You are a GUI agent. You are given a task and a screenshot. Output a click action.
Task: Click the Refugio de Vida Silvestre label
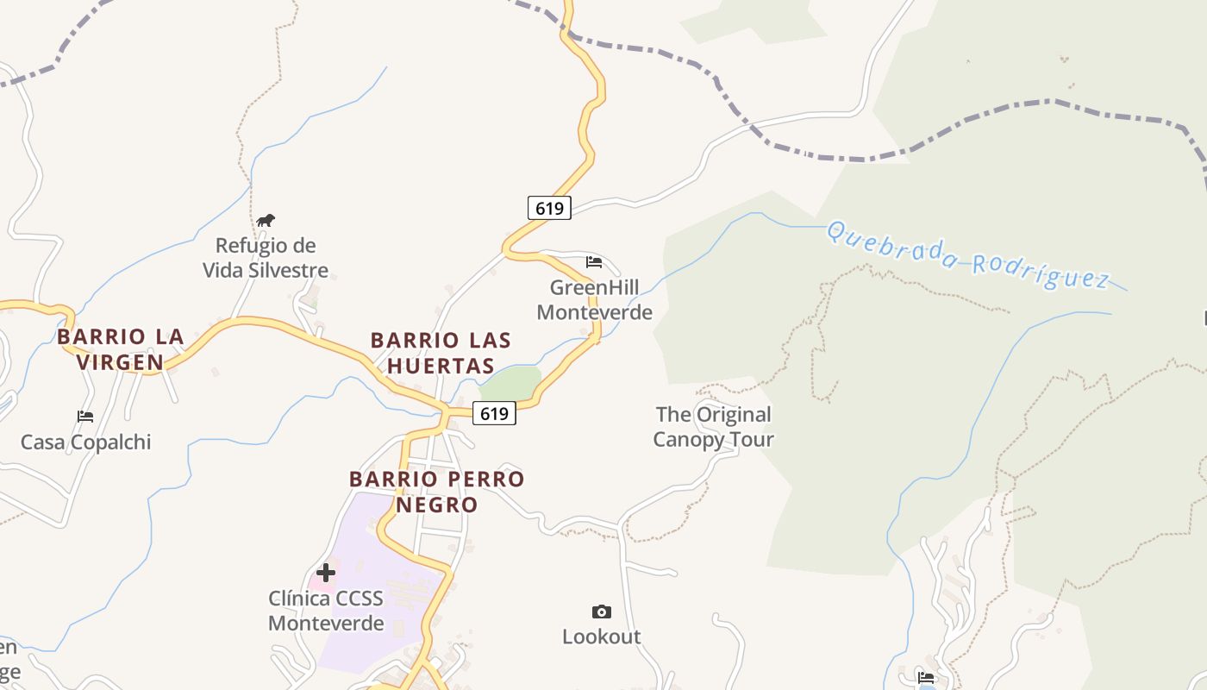tap(266, 258)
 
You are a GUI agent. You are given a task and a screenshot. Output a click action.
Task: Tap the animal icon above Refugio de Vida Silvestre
tap(266, 220)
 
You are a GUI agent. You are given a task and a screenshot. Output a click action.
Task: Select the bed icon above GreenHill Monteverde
tap(594, 261)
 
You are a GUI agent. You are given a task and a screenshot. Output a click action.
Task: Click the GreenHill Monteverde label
tap(594, 299)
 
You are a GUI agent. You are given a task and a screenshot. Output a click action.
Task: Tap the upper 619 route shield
tap(549, 208)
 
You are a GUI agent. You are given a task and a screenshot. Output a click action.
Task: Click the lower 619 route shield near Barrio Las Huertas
tap(494, 414)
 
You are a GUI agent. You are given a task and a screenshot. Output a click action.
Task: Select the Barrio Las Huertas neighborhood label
tap(441, 352)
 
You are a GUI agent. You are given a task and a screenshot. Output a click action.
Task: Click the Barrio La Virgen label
tap(121, 348)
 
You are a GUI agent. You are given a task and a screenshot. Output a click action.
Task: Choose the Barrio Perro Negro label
tap(437, 491)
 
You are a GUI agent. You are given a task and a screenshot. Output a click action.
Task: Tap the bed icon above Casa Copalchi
tap(85, 417)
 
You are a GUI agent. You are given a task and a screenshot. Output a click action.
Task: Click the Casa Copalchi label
tap(85, 442)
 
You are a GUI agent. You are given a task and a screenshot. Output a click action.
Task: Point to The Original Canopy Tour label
tap(713, 427)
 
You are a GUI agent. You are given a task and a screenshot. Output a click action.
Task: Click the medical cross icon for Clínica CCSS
tap(326, 572)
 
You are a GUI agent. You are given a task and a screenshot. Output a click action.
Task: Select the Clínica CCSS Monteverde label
tap(326, 611)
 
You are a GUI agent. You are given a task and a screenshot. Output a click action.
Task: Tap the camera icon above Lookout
tap(602, 612)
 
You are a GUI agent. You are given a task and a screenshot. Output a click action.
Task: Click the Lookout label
tap(602, 637)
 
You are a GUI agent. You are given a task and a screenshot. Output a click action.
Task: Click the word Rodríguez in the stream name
tap(1041, 269)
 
